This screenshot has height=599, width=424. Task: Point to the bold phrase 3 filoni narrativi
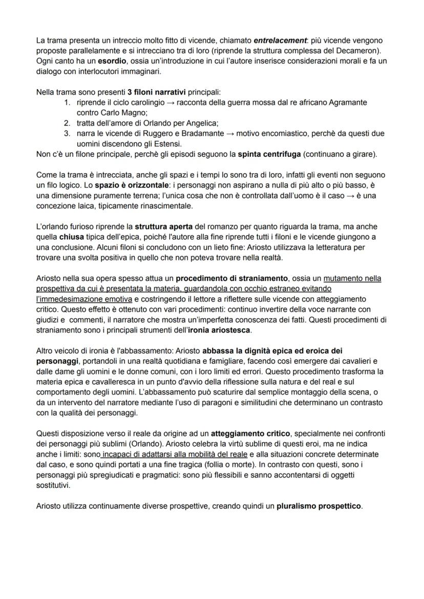pos(157,93)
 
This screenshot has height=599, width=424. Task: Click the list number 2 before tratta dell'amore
pos(67,122)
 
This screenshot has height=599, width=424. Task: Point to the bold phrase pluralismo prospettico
pos(319,506)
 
